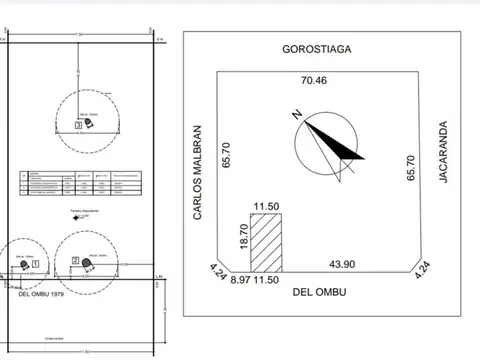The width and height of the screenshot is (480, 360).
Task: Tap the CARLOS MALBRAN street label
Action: pos(198,173)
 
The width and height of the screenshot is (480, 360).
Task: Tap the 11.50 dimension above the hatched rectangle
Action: pos(264,206)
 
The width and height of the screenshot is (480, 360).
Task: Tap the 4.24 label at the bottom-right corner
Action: pos(423,269)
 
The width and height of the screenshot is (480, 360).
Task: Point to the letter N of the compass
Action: pos(298,114)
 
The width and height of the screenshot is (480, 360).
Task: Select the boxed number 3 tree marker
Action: pos(77,125)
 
